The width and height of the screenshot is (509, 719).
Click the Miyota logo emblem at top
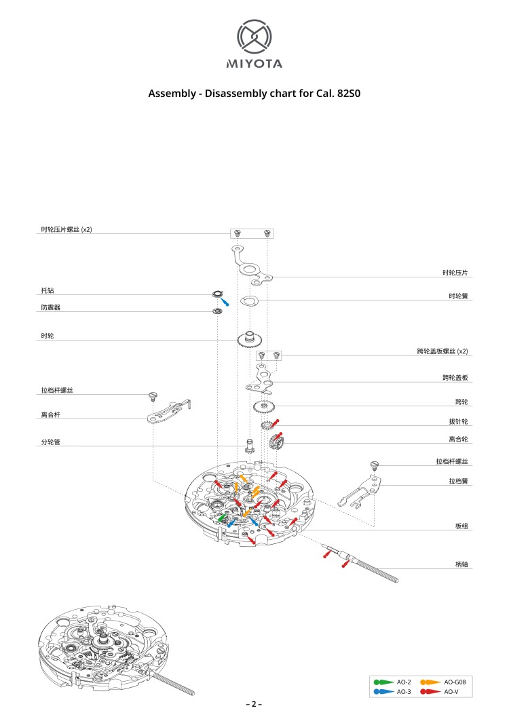[x=254, y=37]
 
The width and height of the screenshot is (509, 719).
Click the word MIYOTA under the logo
[x=254, y=64]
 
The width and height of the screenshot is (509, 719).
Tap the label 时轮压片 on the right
[x=455, y=273]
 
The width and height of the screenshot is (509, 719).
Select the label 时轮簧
[x=458, y=296]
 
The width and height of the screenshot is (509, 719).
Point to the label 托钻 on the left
[x=48, y=290]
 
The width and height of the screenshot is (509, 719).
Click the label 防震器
[x=51, y=308]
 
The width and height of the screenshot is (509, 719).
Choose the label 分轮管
[x=51, y=443]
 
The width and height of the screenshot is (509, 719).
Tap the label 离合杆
[x=51, y=414]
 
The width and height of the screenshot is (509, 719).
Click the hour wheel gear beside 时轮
[x=250, y=338]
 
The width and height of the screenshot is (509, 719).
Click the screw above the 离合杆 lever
[x=153, y=395]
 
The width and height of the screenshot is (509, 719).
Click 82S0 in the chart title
[x=347, y=94]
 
